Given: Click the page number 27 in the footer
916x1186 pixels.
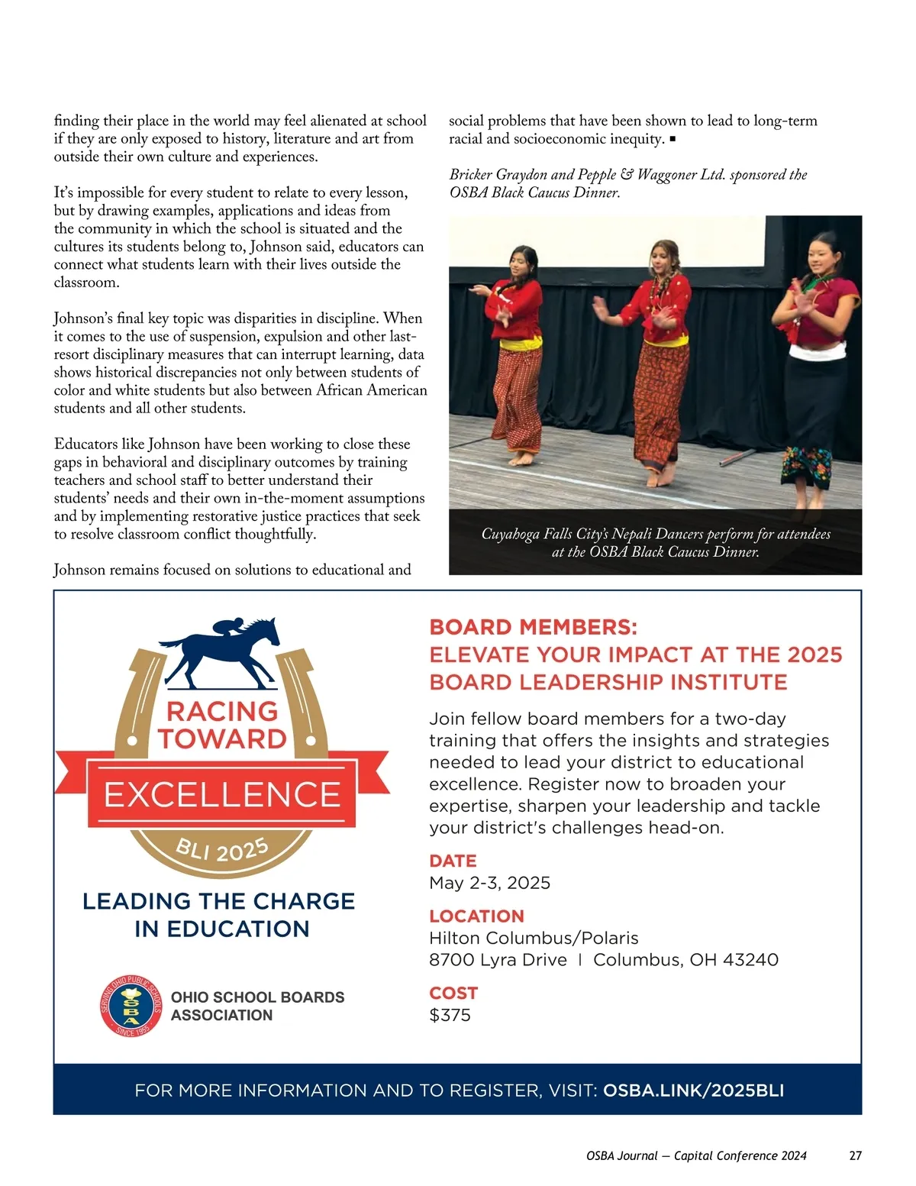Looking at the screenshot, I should [855, 1155].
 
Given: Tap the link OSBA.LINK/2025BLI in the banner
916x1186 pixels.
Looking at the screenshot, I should [693, 1091].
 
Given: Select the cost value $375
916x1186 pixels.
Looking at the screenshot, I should [450, 1015].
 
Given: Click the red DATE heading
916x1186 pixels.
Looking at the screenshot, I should [453, 861].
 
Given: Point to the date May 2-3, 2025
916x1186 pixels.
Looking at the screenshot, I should [489, 883].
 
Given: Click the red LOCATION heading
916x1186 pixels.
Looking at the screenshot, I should [476, 916].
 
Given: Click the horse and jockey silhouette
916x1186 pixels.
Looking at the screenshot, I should [221, 649].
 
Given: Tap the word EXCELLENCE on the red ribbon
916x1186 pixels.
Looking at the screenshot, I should [222, 795].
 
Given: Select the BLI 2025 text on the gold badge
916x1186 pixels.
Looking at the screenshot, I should [222, 848].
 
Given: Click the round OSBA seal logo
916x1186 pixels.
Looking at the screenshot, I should [131, 1006].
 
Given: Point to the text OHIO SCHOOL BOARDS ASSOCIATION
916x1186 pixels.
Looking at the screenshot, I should [257, 1006].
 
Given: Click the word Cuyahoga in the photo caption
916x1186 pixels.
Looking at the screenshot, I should [509, 534].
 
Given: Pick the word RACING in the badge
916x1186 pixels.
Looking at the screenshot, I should [222, 711].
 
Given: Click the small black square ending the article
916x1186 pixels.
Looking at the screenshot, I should [672, 139].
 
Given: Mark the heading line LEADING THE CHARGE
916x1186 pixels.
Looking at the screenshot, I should [219, 901].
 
